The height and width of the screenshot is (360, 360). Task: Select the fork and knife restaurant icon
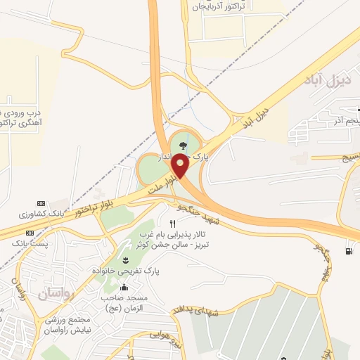[x=172, y=224]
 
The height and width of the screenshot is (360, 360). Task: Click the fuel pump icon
[x=349, y=251]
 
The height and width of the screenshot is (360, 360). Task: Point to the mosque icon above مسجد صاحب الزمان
[x=125, y=288]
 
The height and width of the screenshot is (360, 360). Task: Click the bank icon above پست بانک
[x=30, y=233]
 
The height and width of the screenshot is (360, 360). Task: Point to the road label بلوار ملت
[x=160, y=189]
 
